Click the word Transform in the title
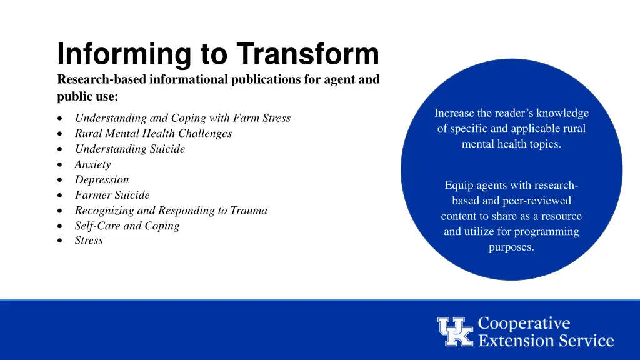point(307,54)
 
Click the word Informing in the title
point(124,54)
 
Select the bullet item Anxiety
point(92,164)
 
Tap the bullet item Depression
point(102,179)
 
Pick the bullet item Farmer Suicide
point(112,195)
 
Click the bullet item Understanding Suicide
point(130,149)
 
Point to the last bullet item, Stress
point(89,241)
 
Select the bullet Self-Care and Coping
point(127,226)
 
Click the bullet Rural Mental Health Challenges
point(153,133)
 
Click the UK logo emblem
point(455,332)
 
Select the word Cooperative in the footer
point(524,324)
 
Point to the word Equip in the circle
point(457,186)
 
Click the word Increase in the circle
point(454,113)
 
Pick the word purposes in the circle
point(511,247)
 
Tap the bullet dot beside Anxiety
point(58,165)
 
